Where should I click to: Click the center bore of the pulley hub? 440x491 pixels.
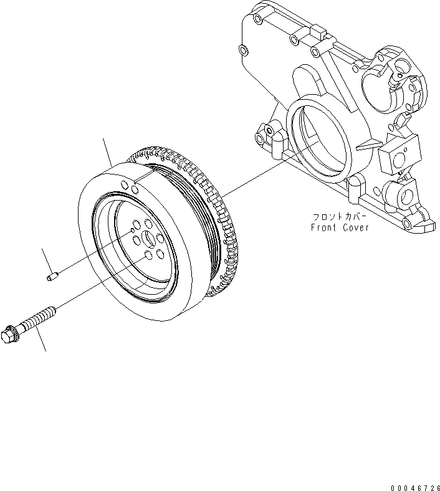tap(150, 239)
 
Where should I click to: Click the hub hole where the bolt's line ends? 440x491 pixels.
tap(148, 255)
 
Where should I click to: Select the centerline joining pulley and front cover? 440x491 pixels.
tap(256, 174)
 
